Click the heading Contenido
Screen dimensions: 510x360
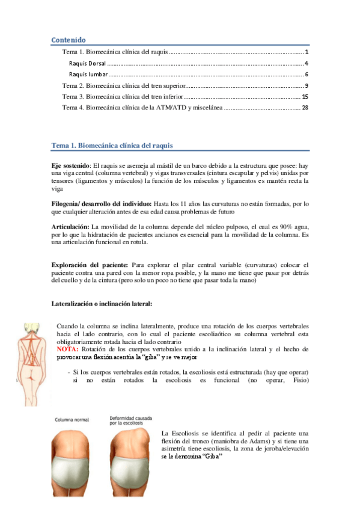point(69,40)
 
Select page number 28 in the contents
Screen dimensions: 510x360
point(305,108)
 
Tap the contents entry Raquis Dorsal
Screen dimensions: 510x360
point(87,63)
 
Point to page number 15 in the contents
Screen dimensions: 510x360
point(305,96)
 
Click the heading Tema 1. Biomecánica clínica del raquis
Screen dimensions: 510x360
point(113,146)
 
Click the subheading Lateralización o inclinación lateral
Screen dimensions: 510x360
point(102,303)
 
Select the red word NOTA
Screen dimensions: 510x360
point(67,349)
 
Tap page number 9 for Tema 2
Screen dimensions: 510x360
point(306,85)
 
